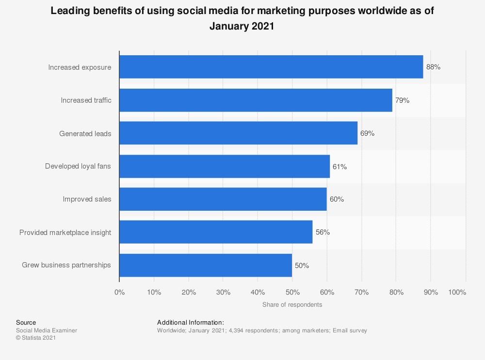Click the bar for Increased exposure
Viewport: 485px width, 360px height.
[x=271, y=67]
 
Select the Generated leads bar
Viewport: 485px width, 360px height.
[x=238, y=133]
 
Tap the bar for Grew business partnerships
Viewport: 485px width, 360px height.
[x=206, y=265]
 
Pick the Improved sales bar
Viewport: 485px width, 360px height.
[x=223, y=199]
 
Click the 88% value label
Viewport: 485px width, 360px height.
[x=433, y=67]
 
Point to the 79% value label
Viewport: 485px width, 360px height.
[x=402, y=100]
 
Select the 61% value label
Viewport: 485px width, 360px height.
[x=339, y=167]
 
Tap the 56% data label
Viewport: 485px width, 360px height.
[x=323, y=232]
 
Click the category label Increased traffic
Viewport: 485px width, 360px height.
[x=86, y=100]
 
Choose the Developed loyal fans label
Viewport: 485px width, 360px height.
[x=78, y=166]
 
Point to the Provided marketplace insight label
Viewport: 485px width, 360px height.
[x=65, y=233]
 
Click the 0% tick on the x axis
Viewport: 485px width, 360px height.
[x=119, y=292]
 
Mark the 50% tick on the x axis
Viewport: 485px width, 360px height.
[x=292, y=292]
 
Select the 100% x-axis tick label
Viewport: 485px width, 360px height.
[x=457, y=292]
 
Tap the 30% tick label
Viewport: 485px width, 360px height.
[x=223, y=292]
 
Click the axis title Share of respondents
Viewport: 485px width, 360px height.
[x=292, y=305]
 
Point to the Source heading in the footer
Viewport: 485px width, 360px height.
[x=26, y=322]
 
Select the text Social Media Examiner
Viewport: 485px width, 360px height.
[x=47, y=330]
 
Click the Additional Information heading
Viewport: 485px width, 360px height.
[x=191, y=322]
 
